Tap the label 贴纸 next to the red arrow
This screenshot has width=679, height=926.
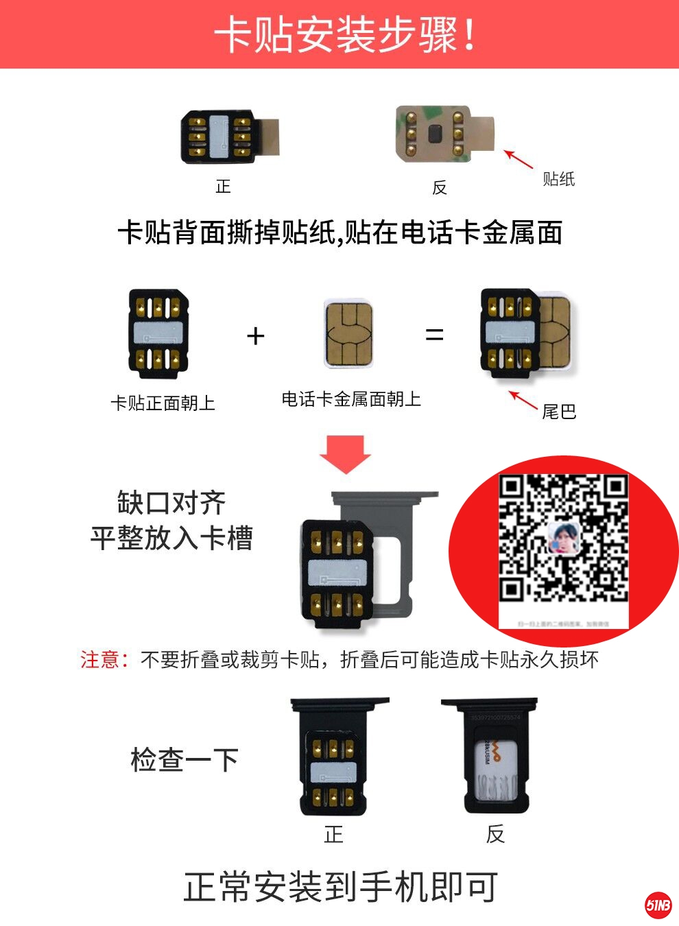coord(558,179)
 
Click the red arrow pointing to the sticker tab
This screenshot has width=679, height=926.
coord(519,159)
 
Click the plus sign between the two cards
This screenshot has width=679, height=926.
coord(255,336)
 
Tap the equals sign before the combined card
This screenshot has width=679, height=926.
coord(434,335)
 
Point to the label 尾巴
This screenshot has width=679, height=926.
coord(558,412)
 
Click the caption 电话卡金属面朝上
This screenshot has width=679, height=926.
coord(351,399)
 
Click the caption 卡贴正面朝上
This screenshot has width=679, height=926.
coord(163,403)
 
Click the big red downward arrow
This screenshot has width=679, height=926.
coord(345,453)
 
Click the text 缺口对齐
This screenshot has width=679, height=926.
coord(171,503)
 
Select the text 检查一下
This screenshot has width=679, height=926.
coord(184,760)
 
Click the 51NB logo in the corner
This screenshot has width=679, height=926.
coord(658,905)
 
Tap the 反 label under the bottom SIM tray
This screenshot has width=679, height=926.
coord(495,834)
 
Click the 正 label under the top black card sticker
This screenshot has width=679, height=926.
coord(223,187)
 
